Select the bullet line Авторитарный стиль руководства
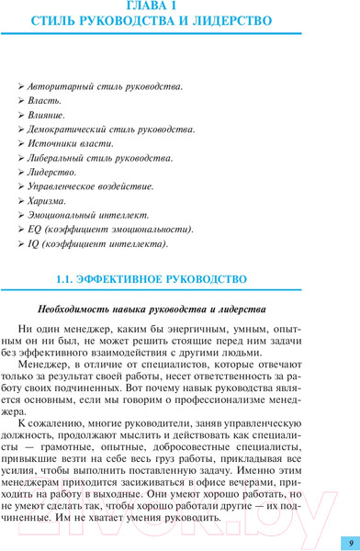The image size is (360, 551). click(105, 86)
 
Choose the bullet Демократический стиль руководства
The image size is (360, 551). click(111, 129)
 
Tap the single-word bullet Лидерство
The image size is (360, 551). click(52, 172)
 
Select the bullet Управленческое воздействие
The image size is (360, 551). click(91, 186)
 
